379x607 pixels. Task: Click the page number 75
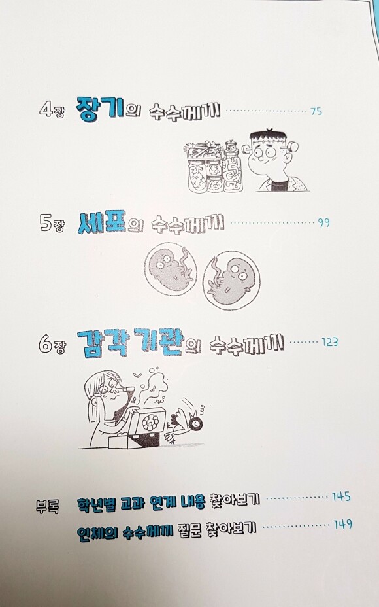(x=316, y=111)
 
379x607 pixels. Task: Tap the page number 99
(x=323, y=223)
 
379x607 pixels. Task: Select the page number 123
(x=329, y=342)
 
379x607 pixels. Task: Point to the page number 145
(x=341, y=496)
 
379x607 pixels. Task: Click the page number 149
(x=342, y=525)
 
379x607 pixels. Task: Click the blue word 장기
(x=100, y=109)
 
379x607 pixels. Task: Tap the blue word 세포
(x=102, y=222)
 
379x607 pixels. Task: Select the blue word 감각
(x=103, y=342)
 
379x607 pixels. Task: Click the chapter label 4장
(x=52, y=111)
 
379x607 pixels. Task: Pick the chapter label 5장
(x=52, y=223)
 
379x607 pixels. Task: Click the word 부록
(x=47, y=506)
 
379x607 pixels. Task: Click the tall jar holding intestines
(x=233, y=168)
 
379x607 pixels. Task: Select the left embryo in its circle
(x=171, y=269)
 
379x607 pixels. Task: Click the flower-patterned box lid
(x=149, y=423)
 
